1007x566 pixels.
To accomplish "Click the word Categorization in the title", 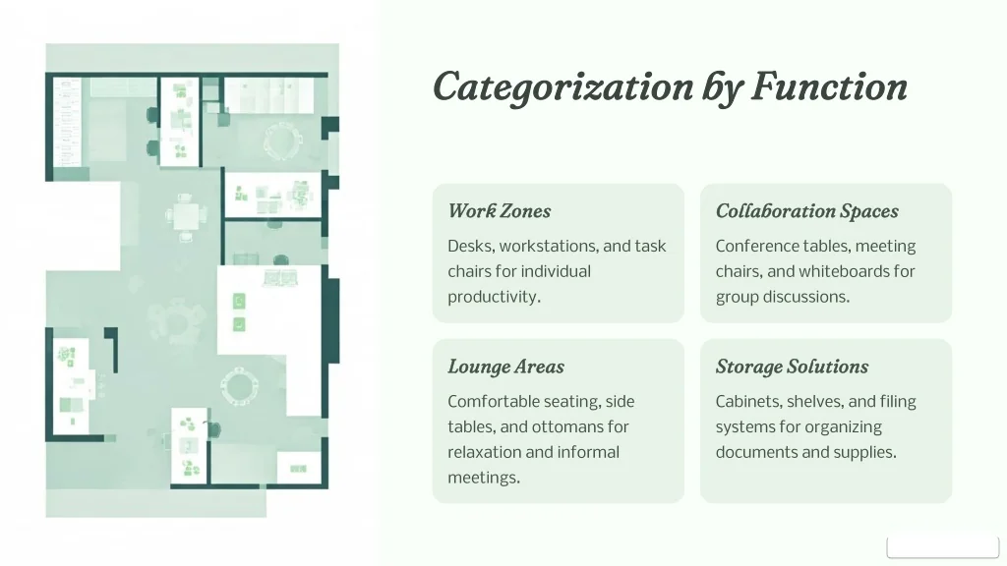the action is tap(563, 87).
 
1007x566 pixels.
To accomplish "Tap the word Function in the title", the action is tap(829, 85).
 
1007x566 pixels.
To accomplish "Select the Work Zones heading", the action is tap(499, 211).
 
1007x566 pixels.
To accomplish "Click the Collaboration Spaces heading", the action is tap(806, 211).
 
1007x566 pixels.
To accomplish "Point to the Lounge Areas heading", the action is tap(506, 367).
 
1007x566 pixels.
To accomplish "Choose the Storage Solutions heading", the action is tap(792, 367).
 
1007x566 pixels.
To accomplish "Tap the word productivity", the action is tap(494, 297).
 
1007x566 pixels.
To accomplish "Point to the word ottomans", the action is tap(571, 426).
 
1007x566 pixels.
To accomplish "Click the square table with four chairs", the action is tap(185, 217).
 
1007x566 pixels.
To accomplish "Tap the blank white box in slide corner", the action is tap(943, 547).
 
